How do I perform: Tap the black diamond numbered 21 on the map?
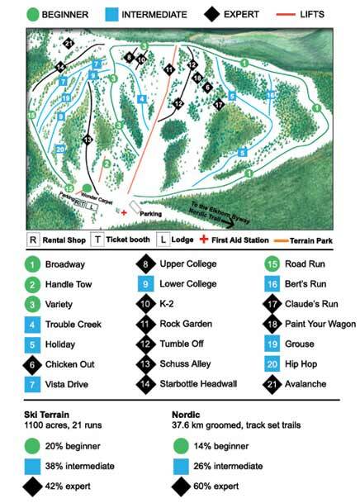pos(68,44)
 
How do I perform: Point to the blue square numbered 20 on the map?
pos(60,149)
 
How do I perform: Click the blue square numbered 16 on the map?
pos(270,95)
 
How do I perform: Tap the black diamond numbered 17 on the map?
pos(219,105)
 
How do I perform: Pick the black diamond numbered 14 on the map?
pos(60,68)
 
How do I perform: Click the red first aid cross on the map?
pos(124,212)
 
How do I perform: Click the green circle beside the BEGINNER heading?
pos(33,14)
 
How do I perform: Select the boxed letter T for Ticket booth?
pos(97,240)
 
